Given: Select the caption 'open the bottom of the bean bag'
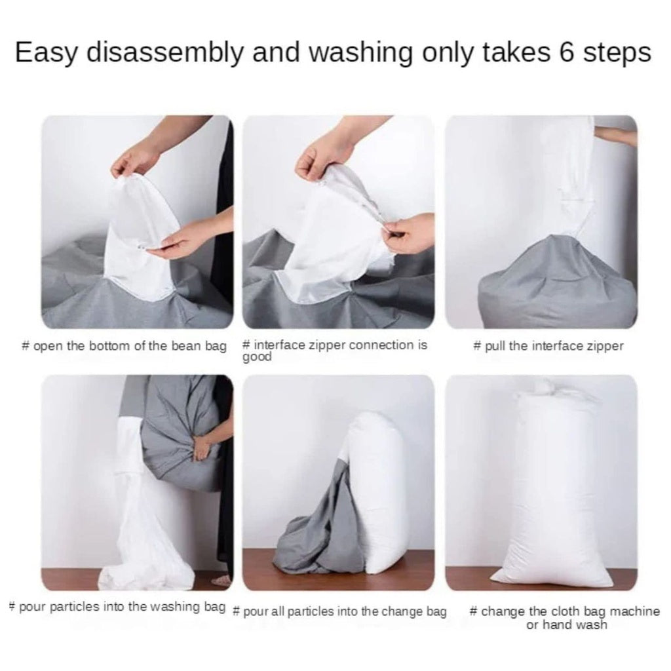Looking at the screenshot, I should [125, 346].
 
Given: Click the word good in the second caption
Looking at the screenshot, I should [257, 358].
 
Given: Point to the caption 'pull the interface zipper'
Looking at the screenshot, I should [548, 346].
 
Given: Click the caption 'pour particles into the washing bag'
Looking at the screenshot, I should [118, 606].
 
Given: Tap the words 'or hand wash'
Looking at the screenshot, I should [567, 625].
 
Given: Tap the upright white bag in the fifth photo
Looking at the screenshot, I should [383, 491].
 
